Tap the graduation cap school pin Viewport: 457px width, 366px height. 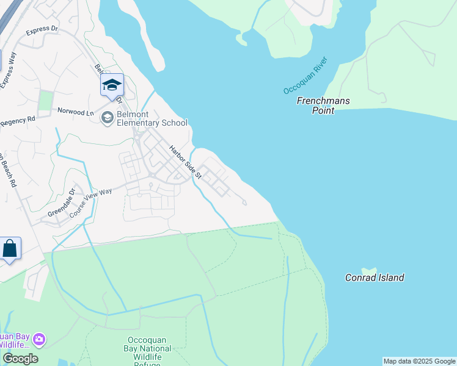pos(112,85)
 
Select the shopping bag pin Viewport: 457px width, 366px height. pos(10,248)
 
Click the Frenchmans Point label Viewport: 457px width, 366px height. pos(323,106)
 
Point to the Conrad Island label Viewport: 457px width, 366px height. pos(375,278)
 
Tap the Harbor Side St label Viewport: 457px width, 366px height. pos(184,160)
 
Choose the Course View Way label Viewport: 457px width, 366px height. pos(91,203)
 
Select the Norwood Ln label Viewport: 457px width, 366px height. pos(76,112)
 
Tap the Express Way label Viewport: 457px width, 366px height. pos(8,71)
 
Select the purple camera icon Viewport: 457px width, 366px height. pos(39,339)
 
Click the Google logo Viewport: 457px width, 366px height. pos(20,359)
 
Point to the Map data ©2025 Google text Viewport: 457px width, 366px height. pos(419,361)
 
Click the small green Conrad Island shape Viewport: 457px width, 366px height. pos(369,270)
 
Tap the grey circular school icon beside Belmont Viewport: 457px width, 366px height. pos(108,117)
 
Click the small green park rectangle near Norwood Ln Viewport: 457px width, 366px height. pos(45,101)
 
